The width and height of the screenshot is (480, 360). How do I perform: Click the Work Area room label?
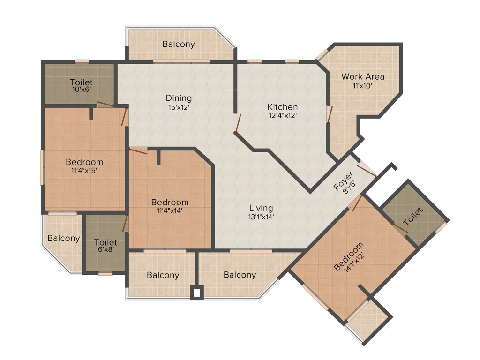(x=362, y=76)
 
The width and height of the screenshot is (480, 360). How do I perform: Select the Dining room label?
(x=179, y=98)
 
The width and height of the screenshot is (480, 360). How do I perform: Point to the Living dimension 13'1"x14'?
(x=261, y=217)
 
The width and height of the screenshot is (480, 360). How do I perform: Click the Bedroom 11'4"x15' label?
(x=84, y=162)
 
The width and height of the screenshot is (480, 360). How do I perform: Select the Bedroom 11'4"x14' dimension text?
(x=170, y=211)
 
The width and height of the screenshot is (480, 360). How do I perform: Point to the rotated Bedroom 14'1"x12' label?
(x=348, y=256)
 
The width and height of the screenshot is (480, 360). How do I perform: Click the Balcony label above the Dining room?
(x=179, y=44)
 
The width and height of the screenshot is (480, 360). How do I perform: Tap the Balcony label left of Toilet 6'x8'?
(x=64, y=238)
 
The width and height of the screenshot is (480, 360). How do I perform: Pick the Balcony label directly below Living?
(x=240, y=275)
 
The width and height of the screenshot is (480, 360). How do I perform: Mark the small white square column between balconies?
(x=197, y=293)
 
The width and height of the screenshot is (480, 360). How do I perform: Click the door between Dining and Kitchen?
(x=238, y=123)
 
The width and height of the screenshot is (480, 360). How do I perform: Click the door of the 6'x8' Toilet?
(x=125, y=224)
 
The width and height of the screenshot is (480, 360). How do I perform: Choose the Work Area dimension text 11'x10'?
(x=362, y=86)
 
